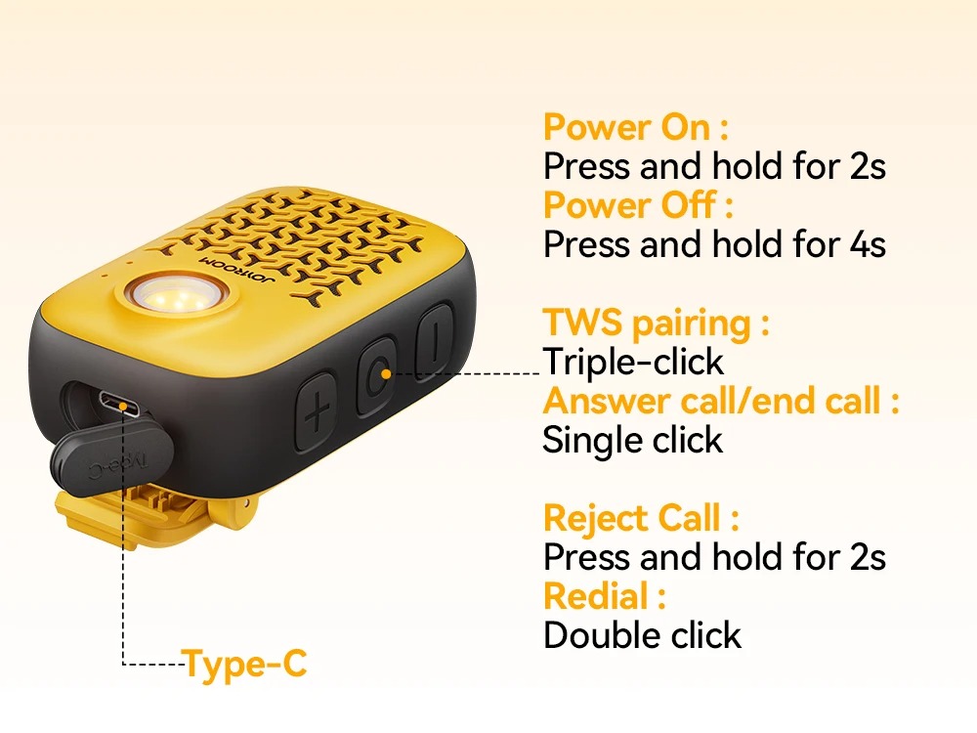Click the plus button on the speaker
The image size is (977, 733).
[317, 411]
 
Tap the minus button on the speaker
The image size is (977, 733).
[435, 341]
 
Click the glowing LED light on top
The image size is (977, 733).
[176, 294]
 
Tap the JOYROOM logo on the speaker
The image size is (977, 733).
[238, 270]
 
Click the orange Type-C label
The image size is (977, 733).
[244, 665]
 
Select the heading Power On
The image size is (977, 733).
[636, 128]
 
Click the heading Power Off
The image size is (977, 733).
[637, 205]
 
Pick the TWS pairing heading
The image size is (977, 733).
[657, 324]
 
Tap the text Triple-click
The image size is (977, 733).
[633, 363]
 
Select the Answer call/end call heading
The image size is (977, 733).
[721, 401]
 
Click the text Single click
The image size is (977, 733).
[632, 440]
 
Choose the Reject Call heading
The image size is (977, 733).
[641, 518]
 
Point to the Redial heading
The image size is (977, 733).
[605, 596]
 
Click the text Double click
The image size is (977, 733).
[642, 636]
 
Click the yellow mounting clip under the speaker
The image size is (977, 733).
[155, 517]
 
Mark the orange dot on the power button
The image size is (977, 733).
[386, 374]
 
